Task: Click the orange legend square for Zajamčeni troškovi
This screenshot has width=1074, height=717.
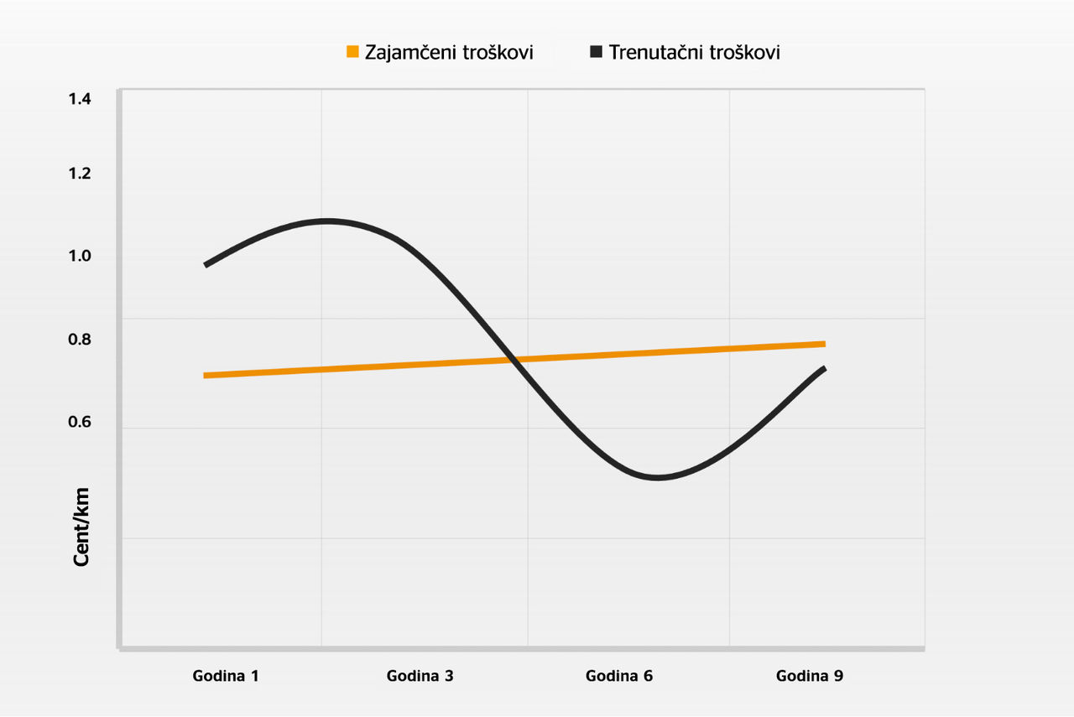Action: (352, 51)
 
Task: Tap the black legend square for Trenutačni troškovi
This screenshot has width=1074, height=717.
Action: (596, 51)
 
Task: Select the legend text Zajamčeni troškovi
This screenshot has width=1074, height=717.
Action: (449, 52)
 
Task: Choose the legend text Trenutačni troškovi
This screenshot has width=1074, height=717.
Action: (694, 52)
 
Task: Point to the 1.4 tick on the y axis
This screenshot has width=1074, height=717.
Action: (80, 99)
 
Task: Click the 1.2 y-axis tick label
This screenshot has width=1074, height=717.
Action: (80, 174)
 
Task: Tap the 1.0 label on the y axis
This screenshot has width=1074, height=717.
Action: (80, 256)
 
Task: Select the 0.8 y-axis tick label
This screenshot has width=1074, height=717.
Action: (80, 340)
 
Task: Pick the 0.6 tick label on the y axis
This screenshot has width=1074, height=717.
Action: (80, 422)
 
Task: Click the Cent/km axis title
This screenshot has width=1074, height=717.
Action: (81, 527)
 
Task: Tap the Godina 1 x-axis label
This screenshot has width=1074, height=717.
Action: (226, 676)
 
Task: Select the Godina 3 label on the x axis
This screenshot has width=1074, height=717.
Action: (420, 676)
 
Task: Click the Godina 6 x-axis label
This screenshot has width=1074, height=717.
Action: (619, 676)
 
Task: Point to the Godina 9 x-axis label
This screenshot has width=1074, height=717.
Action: (810, 676)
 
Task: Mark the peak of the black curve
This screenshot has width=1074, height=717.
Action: (326, 221)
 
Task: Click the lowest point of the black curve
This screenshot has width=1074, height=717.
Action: (658, 477)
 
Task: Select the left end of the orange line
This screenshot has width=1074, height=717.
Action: (205, 376)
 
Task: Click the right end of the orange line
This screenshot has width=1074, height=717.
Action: (824, 344)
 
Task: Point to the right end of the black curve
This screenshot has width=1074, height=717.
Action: (824, 369)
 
